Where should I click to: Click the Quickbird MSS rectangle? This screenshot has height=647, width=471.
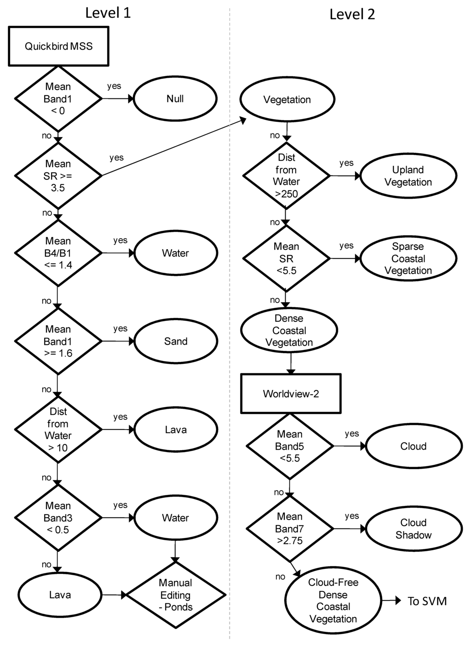click(58, 46)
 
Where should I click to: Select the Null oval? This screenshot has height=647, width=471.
click(175, 99)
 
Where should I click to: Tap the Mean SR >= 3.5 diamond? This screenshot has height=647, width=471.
click(58, 176)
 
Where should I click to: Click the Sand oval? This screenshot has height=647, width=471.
click(175, 341)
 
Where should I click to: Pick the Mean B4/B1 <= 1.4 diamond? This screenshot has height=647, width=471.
click(58, 253)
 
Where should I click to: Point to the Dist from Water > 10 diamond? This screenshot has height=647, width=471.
click(58, 429)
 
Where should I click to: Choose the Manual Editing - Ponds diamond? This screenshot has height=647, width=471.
click(175, 595)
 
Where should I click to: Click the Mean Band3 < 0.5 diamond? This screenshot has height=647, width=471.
click(58, 518)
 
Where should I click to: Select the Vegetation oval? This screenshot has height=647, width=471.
click(287, 100)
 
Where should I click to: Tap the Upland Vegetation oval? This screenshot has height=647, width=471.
click(408, 176)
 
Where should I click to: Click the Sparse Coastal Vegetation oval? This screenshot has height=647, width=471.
click(408, 258)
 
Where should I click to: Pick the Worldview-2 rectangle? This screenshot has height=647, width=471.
click(291, 394)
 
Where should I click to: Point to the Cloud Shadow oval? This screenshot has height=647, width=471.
click(413, 529)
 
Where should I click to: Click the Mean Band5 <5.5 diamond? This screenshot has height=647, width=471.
click(290, 446)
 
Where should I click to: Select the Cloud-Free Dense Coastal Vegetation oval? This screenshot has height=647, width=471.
click(333, 601)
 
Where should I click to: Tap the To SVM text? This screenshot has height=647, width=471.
click(427, 601)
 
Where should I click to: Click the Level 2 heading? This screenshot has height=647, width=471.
click(352, 14)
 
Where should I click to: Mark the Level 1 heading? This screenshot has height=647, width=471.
click(108, 13)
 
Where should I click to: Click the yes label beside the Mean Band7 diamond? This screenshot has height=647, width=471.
click(352, 516)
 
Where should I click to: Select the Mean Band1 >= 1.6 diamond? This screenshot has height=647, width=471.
click(58, 341)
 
